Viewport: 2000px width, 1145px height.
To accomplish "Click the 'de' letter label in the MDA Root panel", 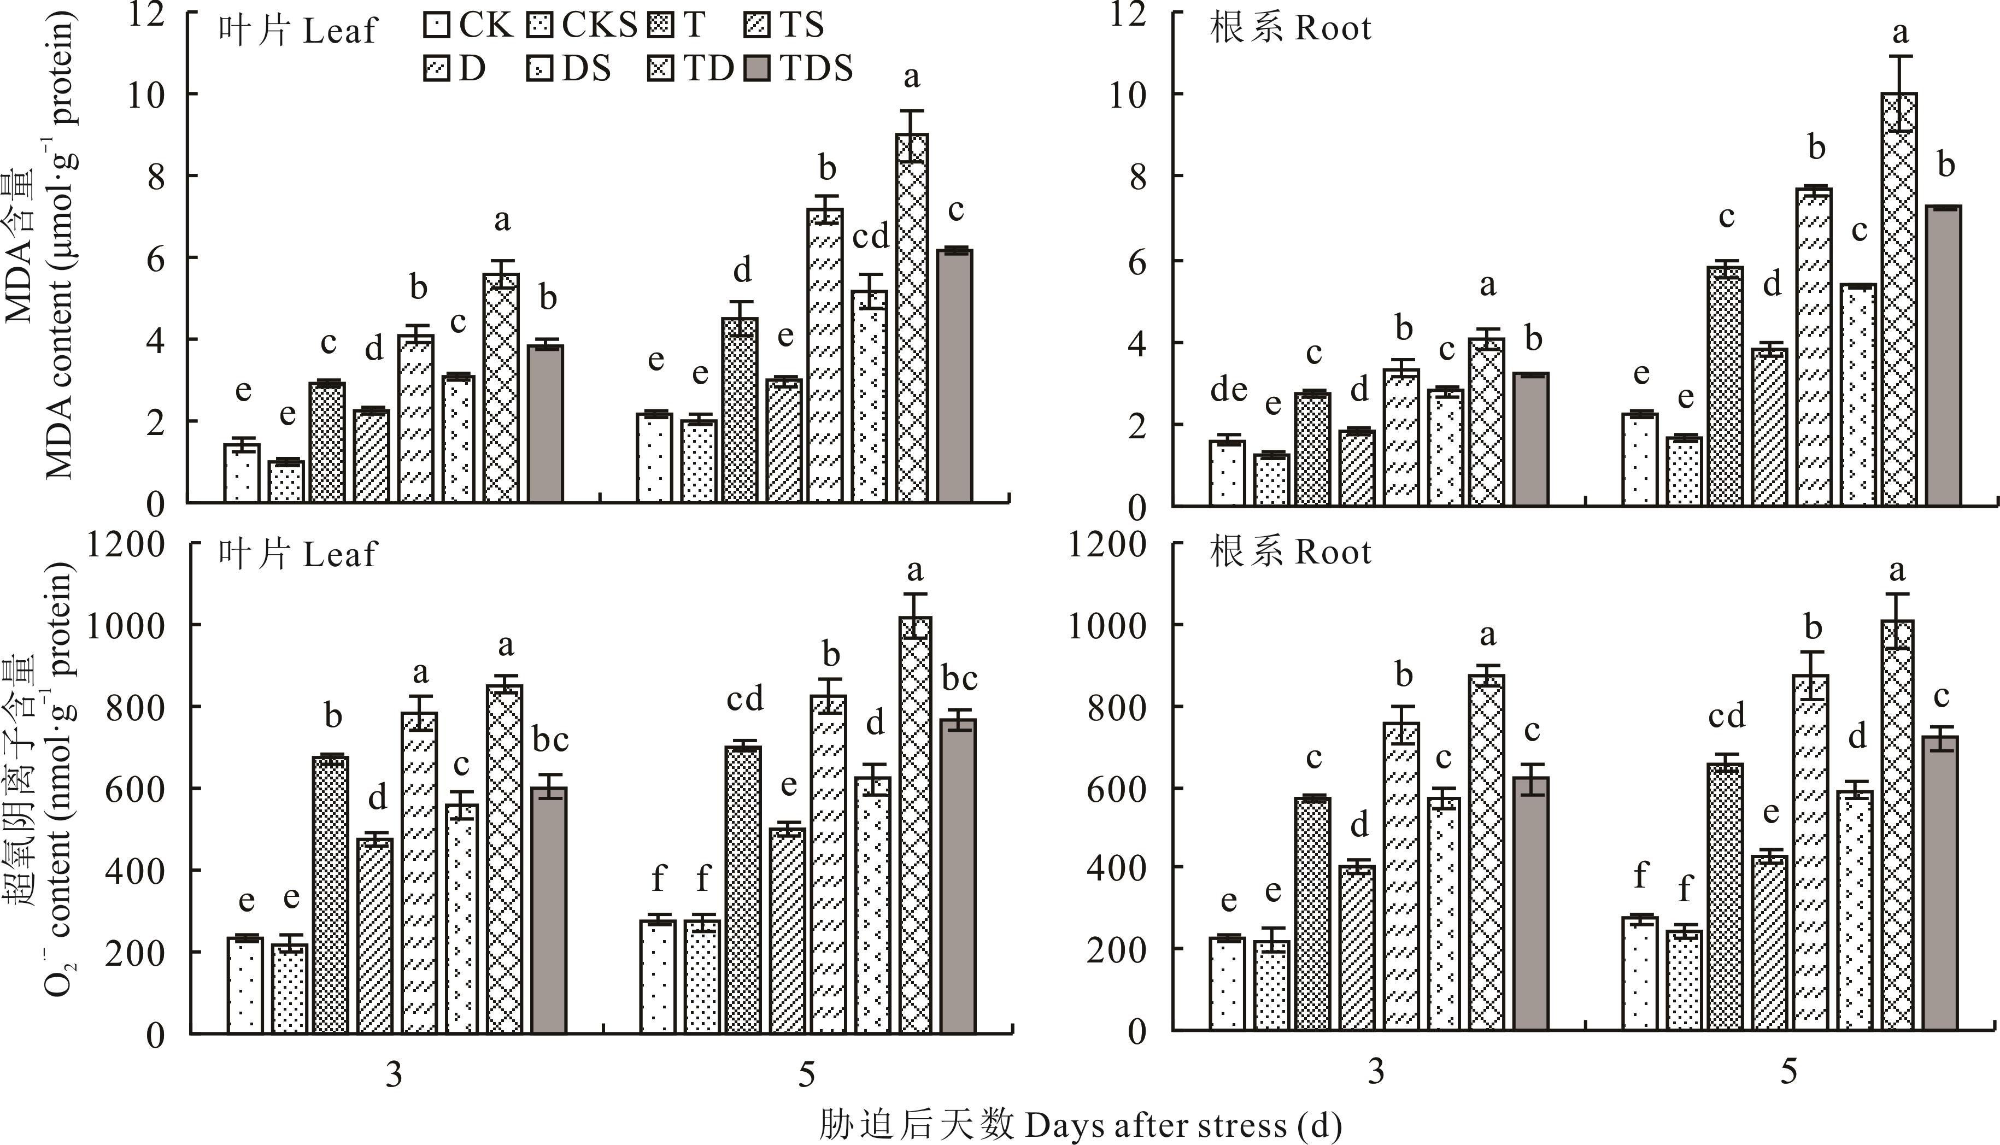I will coord(1228,389).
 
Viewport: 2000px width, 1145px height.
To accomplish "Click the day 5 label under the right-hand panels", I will coord(1788,1071).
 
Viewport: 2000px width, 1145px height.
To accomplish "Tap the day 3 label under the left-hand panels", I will coord(394,1074).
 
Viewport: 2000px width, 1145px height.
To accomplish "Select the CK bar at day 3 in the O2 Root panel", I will coord(1228,983).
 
